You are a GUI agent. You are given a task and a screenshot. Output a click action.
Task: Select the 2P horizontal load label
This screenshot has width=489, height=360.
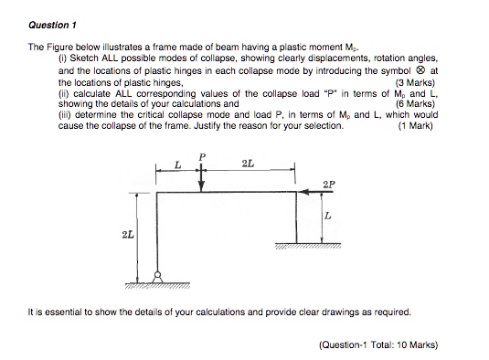(x=328, y=184)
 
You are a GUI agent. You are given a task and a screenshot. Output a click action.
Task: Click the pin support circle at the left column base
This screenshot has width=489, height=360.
(x=156, y=277)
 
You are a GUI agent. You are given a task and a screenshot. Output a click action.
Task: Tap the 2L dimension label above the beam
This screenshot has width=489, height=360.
(x=248, y=163)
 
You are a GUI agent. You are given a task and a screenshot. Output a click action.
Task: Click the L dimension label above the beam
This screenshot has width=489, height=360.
(x=177, y=164)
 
